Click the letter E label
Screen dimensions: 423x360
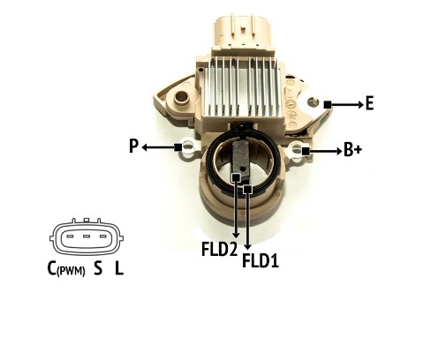point(370,103)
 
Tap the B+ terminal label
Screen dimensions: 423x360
point(352,150)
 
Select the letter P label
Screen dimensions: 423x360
point(133,146)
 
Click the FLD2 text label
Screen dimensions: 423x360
point(219,249)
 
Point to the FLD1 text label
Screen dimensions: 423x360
point(261,260)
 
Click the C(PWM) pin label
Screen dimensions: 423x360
point(66,269)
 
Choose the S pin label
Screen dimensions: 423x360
point(98,268)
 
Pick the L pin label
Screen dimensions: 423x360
point(119,268)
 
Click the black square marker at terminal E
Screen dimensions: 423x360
point(328,104)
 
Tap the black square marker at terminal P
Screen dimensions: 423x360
point(178,147)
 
